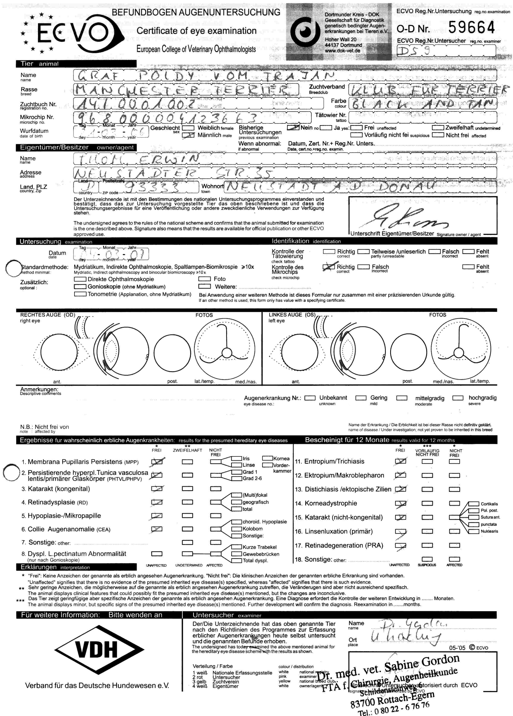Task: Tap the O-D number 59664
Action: pos(471,27)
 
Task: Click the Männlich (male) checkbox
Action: pos(188,135)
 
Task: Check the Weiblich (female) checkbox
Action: pos(188,128)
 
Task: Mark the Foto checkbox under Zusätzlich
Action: pos(204,279)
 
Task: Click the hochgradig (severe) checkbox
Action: pos(458,398)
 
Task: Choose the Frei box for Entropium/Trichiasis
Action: pos(400,462)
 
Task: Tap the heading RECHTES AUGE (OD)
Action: pos(47,315)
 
